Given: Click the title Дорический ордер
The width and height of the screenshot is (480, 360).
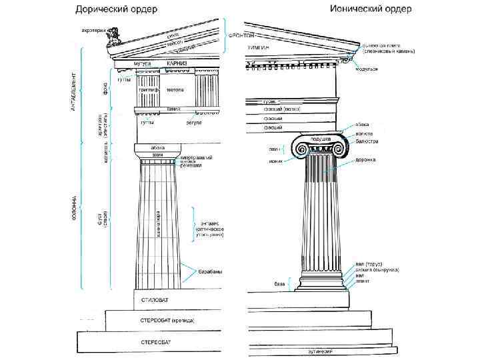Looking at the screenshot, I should click(x=116, y=10).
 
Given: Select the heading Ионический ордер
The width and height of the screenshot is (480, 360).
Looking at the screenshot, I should click(x=371, y=9).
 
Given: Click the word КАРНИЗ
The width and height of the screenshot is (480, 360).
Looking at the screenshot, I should click(x=177, y=63).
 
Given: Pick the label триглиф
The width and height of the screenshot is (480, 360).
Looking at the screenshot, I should click(x=148, y=88).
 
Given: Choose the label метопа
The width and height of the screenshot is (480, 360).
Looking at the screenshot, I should click(x=175, y=88).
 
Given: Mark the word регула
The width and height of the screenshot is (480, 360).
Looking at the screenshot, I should click(x=193, y=123).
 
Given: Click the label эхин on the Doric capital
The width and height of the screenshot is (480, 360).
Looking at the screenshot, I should click(x=157, y=155).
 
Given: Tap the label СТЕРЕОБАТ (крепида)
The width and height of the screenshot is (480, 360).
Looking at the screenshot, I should click(x=167, y=321).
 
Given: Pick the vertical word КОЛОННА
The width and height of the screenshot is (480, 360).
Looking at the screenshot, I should click(x=73, y=207).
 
